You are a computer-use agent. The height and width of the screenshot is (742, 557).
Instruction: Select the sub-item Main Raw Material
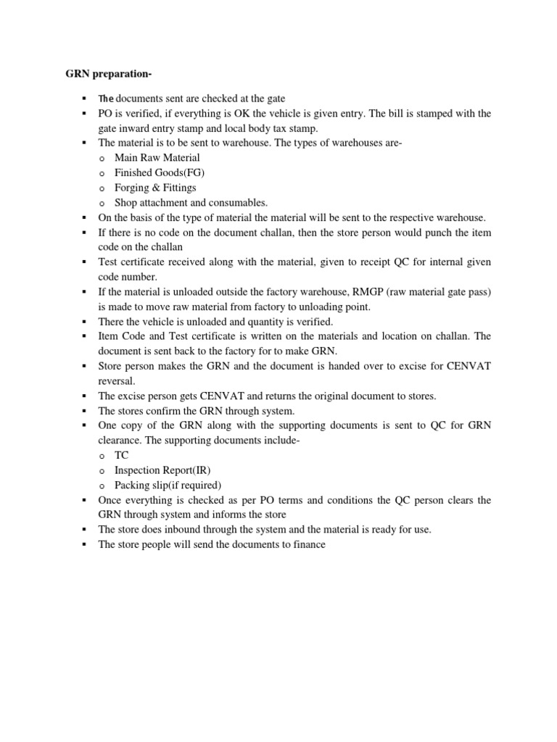pos(157,157)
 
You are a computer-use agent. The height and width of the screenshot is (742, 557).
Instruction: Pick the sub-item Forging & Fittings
pos(155,188)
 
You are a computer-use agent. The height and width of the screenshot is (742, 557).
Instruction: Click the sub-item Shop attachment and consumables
pos(191,203)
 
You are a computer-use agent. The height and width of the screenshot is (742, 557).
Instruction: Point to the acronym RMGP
pos(372,291)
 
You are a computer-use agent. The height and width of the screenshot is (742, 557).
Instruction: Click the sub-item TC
pos(122,455)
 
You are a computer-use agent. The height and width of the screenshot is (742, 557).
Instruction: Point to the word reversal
pos(117,380)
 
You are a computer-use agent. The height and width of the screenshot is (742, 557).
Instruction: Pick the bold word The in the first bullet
pos(106,99)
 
